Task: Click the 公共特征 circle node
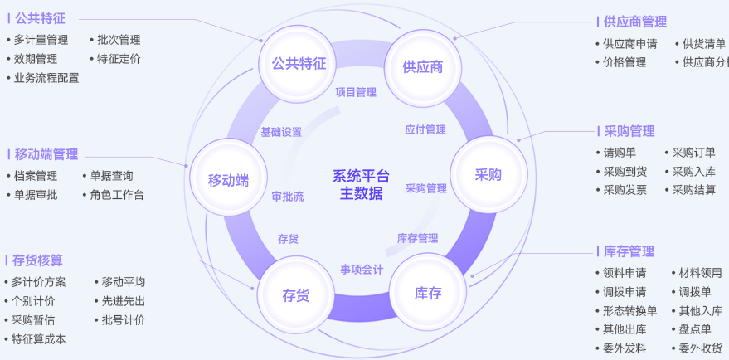[293, 64]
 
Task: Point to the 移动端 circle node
[228, 180]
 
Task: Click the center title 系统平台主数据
[361, 184]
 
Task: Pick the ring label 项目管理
[356, 93]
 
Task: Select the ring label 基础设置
[281, 132]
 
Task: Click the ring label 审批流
[288, 197]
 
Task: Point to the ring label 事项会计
[362, 269]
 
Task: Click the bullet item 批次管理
[119, 40]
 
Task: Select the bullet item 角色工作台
[117, 195]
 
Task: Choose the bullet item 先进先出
[124, 301]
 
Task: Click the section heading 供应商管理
[635, 22]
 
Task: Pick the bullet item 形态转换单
[629, 311]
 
